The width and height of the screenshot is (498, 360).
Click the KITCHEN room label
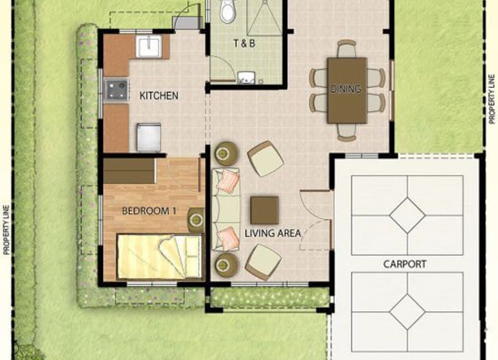pyautogui.click(x=159, y=96)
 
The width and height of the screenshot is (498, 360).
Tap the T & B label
pyautogui.click(x=244, y=43)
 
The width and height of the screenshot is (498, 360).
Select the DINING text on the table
pyautogui.click(x=346, y=89)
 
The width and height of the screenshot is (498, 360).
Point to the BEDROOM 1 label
pyautogui.click(x=149, y=211)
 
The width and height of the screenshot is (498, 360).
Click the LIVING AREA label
pyautogui.click(x=273, y=233)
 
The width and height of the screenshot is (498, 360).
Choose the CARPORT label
pyautogui.click(x=404, y=264)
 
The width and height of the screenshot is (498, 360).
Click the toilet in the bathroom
pyautogui.click(x=228, y=11)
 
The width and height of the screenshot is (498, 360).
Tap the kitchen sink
pyautogui.click(x=149, y=47)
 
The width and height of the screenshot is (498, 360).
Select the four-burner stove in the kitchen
pyautogui.click(x=117, y=90)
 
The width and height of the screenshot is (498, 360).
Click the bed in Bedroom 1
pyautogui.click(x=159, y=257)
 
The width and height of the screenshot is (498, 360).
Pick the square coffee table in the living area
pyautogui.click(x=264, y=210)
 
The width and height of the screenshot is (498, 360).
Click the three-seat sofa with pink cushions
pyautogui.click(x=226, y=210)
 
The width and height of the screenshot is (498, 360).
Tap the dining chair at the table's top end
pyautogui.click(x=346, y=48)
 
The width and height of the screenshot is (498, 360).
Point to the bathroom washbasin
pyautogui.click(x=246, y=78)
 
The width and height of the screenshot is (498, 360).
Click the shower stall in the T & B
pyautogui.click(x=264, y=18)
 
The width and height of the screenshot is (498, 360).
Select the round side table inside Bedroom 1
pyautogui.click(x=196, y=219)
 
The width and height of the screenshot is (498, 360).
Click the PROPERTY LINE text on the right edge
pyautogui.click(x=492, y=99)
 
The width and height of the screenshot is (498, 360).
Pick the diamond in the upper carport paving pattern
pyautogui.click(x=407, y=215)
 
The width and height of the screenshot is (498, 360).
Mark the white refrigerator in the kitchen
pyautogui.click(x=149, y=137)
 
